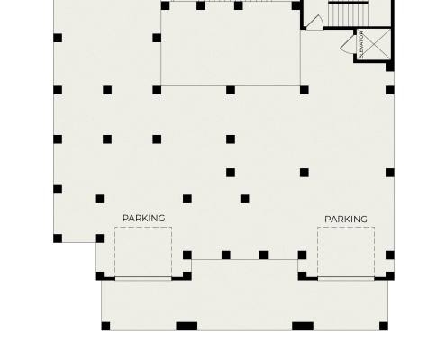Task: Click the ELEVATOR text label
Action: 361,44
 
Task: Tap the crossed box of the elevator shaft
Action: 374,44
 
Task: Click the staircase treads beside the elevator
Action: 349,14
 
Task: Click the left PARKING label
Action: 144,219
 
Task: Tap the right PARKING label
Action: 346,220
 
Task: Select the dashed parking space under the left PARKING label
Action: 143,252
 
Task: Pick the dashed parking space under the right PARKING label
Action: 346,252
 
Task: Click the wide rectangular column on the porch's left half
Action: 187,326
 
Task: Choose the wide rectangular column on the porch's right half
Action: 303,326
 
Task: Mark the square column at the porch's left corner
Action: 105,326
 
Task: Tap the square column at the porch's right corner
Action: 384,326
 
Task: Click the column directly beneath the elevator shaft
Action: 390,67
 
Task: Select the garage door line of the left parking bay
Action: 143,279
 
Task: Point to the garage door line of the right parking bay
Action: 346,279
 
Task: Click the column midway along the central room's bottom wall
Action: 231,90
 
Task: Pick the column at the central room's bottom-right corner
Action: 305,90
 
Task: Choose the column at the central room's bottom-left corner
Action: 157,90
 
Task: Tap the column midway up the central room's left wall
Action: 157,38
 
